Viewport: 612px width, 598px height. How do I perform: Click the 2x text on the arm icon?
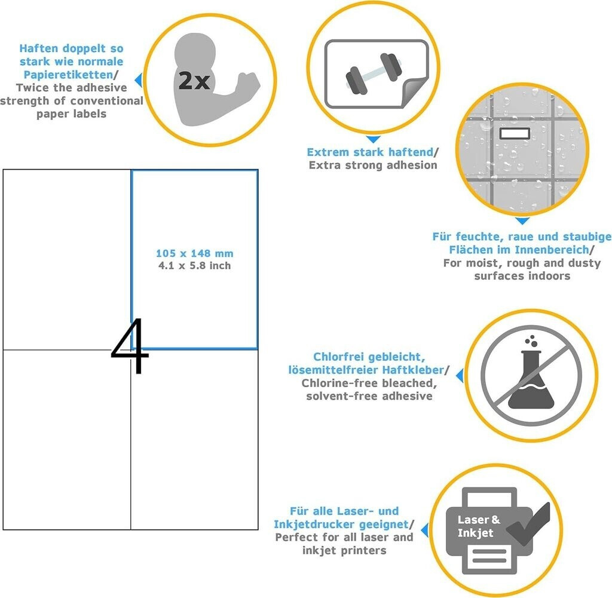coord(194,81)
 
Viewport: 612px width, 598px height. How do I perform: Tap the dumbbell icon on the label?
coord(374,73)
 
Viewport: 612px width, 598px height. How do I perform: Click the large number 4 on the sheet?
coord(130,345)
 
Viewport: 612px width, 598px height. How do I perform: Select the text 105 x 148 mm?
coord(195,253)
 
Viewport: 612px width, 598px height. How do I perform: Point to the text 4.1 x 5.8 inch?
coord(195,266)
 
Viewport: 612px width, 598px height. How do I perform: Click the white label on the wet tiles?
coord(515,133)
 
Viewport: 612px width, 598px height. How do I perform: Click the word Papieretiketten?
coord(68,75)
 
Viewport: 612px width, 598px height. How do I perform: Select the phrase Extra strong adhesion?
coord(373,165)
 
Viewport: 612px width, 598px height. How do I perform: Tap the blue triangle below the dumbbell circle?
coord(374,139)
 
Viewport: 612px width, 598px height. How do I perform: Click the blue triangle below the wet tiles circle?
coord(522,221)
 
